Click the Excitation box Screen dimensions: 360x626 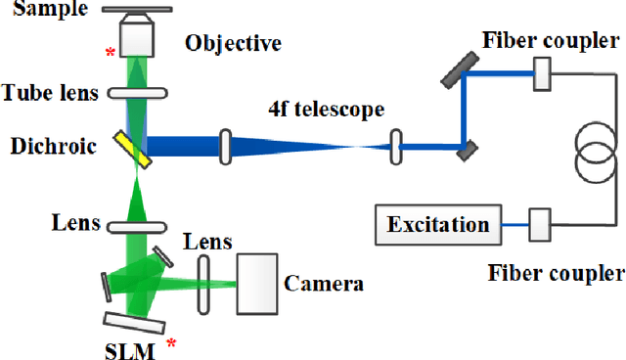click(x=437, y=224)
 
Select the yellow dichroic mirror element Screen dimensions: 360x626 click(x=139, y=149)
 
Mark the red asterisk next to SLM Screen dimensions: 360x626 click(x=173, y=343)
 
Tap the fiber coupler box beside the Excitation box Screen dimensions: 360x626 click(x=538, y=223)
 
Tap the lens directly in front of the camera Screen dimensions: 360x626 click(x=204, y=284)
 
